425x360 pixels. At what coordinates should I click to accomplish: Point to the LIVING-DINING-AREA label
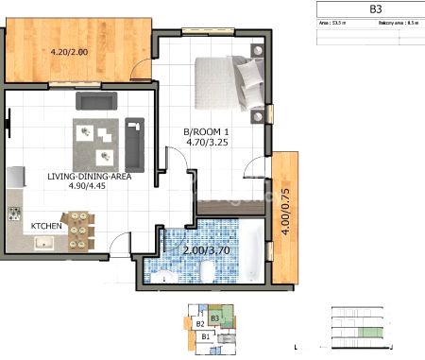pos(89,176)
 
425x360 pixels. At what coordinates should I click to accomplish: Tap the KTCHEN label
pos(47,227)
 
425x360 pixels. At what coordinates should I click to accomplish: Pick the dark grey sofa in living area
pos(95,100)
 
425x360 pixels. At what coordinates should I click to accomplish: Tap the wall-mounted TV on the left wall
pos(8,120)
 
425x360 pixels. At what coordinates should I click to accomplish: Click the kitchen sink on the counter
pos(43,244)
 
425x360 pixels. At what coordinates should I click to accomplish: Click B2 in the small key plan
pos(200,324)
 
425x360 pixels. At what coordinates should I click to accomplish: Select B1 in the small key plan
pos(205,335)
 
